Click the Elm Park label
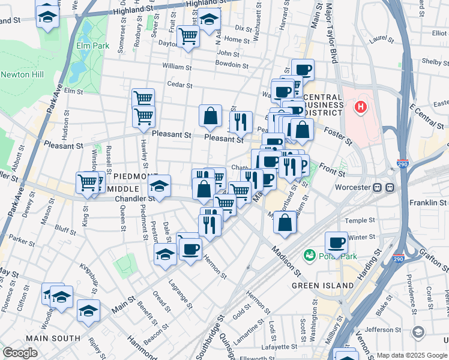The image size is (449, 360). [x=92, y=45]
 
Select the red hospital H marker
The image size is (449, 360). [x=361, y=107]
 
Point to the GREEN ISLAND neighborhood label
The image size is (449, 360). [x=322, y=286]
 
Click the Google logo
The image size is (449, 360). [x=20, y=353]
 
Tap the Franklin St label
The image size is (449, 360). [x=427, y=203]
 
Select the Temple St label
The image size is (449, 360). [x=360, y=221]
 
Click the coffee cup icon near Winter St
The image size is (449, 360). [x=336, y=242]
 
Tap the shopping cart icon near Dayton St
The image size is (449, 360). [x=188, y=37]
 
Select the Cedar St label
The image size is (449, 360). [x=179, y=85]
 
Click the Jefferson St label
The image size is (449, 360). [x=383, y=329]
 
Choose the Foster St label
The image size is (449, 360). [x=340, y=136]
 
